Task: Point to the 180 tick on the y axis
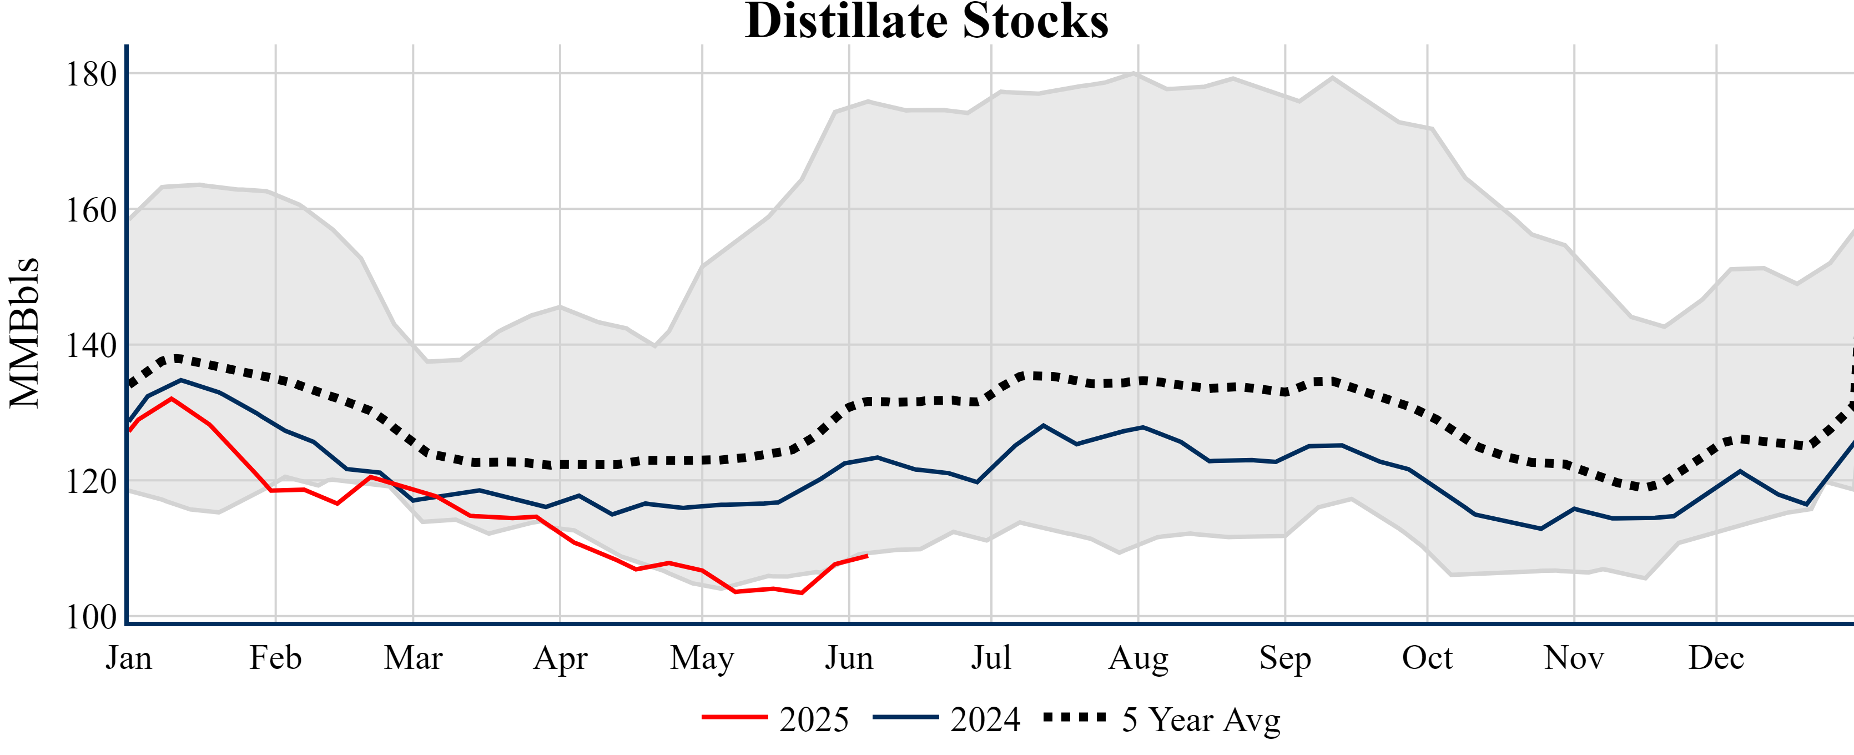[x=92, y=74]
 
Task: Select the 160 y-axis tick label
[x=92, y=210]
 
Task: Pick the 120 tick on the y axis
[x=92, y=481]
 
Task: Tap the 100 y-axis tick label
[x=92, y=617]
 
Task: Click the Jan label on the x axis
[x=129, y=658]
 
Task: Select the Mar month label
[x=413, y=658]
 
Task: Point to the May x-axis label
[x=702, y=658]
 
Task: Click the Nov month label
[x=1574, y=658]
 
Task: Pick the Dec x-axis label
[x=1716, y=658]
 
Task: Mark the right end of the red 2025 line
[x=867, y=556]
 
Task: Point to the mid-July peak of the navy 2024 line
[x=1043, y=425]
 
